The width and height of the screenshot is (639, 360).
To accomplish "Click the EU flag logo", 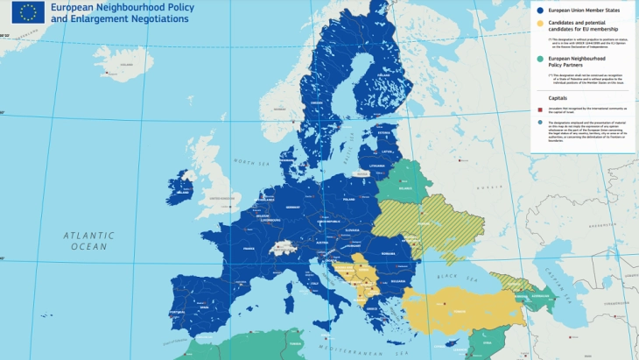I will coord(28,12).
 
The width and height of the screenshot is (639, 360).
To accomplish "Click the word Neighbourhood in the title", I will coord(113,7).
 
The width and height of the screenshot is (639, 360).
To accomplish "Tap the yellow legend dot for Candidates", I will coord(540,25).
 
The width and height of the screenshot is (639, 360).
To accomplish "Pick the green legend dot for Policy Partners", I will coord(540,60).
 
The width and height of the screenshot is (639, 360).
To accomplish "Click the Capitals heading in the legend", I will coord(559,98).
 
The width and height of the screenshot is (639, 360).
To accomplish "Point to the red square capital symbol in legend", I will coord(540,110).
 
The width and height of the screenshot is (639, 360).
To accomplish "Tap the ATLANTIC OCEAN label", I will coord(88,241).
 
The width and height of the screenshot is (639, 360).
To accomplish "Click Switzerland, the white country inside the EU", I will coord(284,248).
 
